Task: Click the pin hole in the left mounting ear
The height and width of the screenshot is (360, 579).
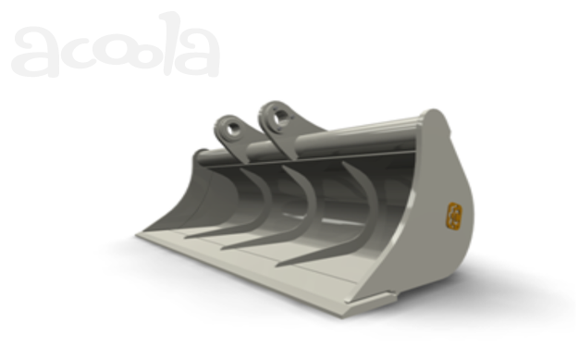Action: (233, 130)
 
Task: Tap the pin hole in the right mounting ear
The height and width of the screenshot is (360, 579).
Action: (280, 118)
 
